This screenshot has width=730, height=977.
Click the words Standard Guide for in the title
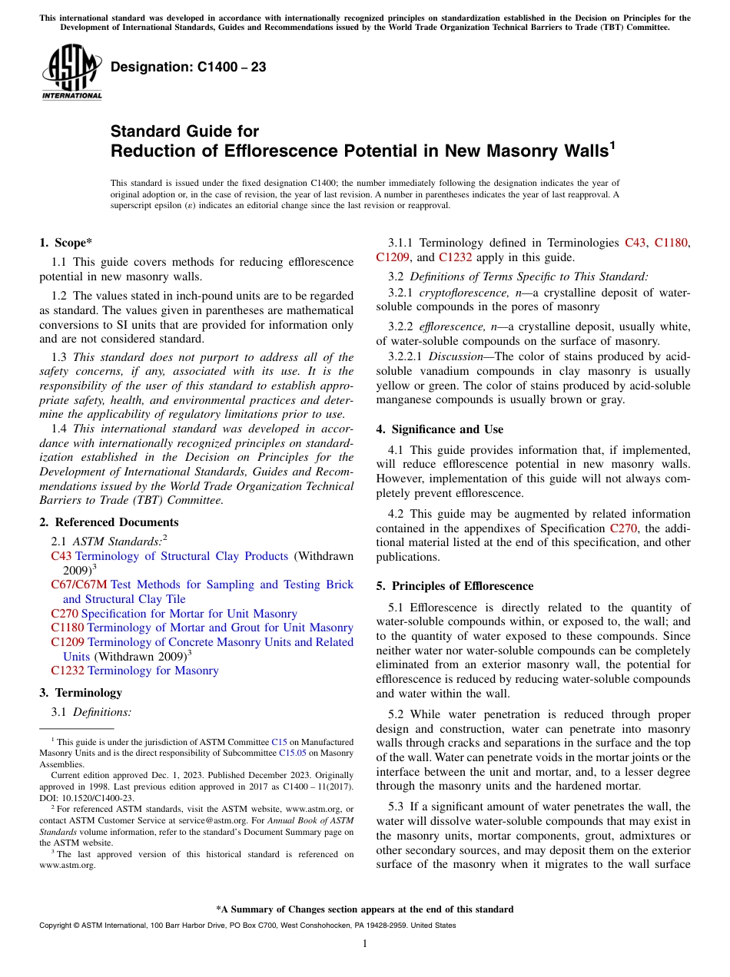point(184,131)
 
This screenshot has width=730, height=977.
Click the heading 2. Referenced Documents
point(108,522)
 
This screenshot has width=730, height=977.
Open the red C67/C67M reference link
point(79,585)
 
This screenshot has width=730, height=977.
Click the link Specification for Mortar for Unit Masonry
point(189,614)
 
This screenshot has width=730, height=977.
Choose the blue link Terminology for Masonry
point(153,671)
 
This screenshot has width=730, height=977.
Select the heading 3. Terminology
point(81,693)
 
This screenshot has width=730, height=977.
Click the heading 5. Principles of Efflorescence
point(454,586)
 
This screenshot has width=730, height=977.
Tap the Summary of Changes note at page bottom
point(364,909)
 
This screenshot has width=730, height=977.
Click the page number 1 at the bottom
point(365,944)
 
